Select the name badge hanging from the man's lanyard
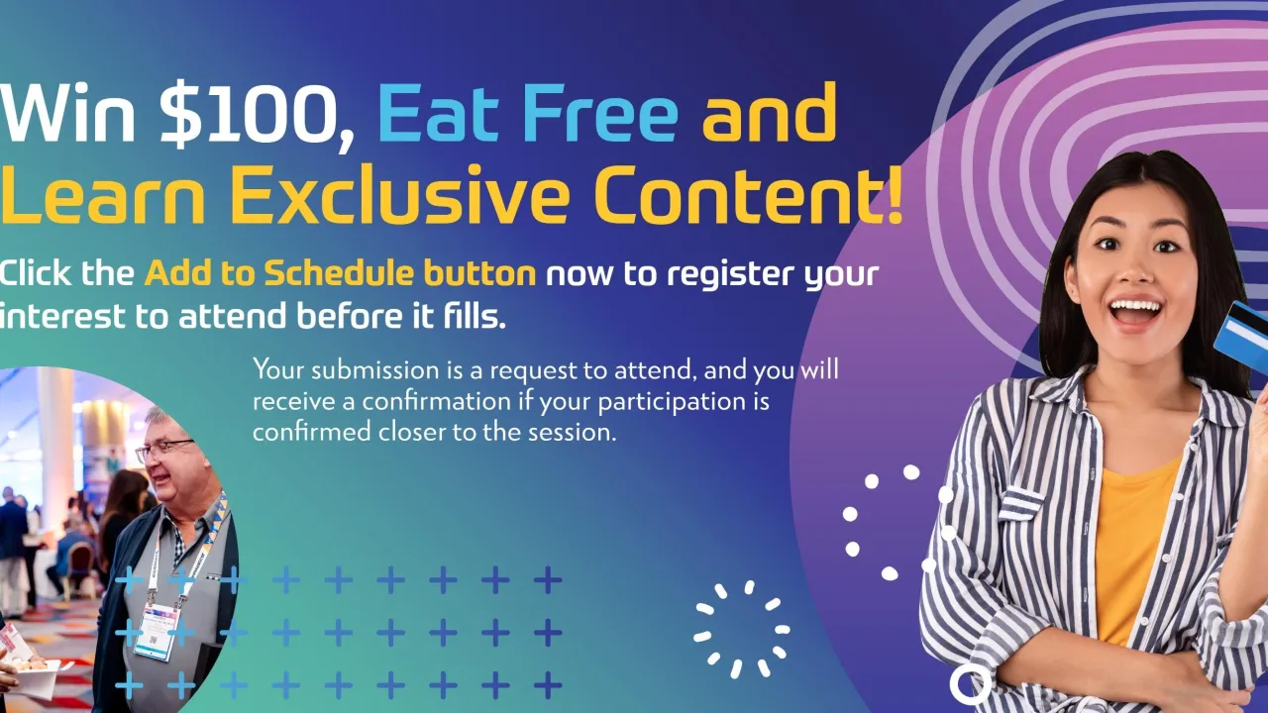[x=156, y=632]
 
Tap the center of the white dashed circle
[x=742, y=629]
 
